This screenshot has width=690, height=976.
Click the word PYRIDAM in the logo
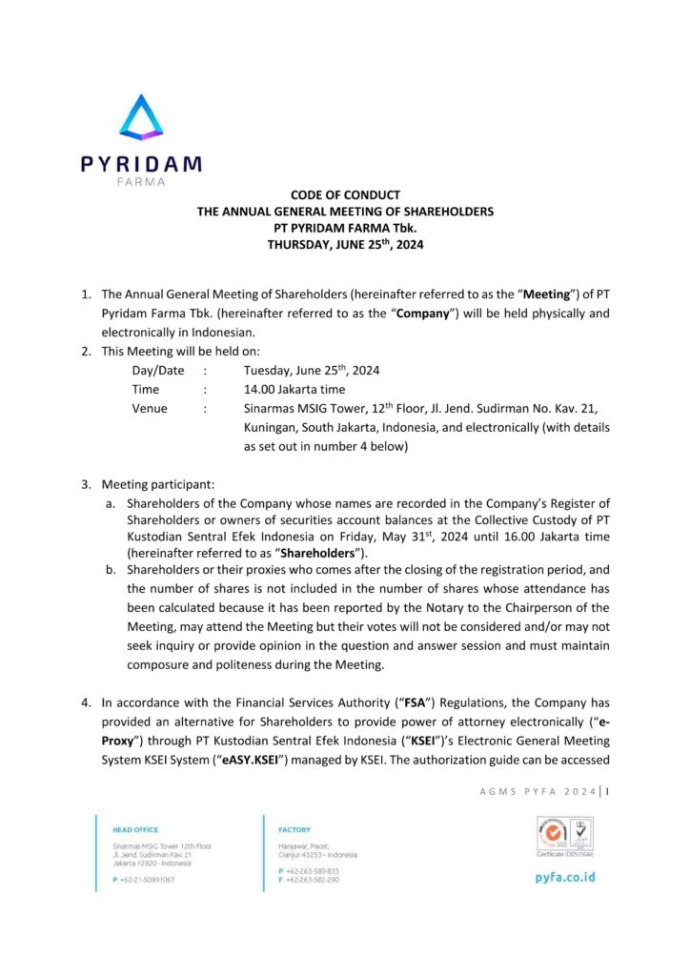141,163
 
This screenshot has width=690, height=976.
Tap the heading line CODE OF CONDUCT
345,195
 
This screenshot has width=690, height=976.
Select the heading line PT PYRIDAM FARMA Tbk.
345,228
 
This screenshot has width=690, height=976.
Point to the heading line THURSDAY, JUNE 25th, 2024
345,244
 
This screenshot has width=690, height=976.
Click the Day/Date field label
158,371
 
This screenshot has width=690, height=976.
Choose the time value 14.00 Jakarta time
294,390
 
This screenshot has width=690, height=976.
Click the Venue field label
150,409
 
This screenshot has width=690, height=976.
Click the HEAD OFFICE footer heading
135,830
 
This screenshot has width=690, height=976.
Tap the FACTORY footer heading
294,830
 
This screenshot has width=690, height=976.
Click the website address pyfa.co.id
565,876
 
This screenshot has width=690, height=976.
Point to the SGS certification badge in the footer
550,834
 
